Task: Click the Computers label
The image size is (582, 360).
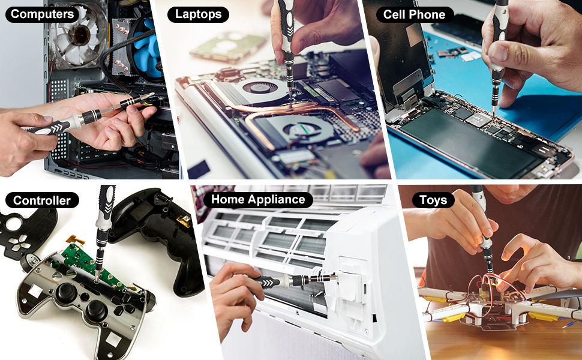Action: pyautogui.click(x=43, y=14)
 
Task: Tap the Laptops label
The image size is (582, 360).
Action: pyautogui.click(x=198, y=14)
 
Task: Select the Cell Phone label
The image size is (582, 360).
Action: pyautogui.click(x=414, y=14)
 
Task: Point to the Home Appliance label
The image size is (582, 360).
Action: pyautogui.click(x=258, y=199)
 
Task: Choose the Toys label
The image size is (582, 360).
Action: pyautogui.click(x=433, y=200)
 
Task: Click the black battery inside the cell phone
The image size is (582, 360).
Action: pyautogui.click(x=474, y=145)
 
